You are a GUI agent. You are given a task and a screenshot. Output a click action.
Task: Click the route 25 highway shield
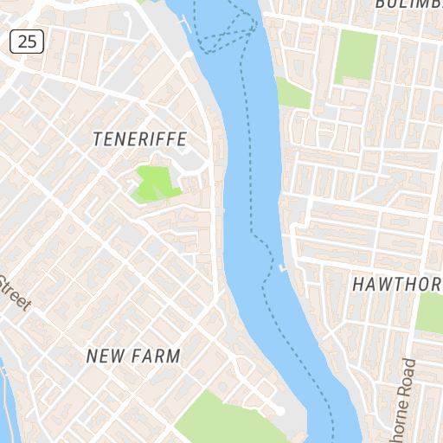pyautogui.click(x=28, y=40)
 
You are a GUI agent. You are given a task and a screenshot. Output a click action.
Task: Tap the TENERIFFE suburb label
pyautogui.click(x=139, y=138)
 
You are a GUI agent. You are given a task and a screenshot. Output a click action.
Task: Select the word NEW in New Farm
pyautogui.click(x=106, y=356)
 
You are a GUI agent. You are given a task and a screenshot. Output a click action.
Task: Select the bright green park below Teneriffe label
pyautogui.click(x=152, y=183)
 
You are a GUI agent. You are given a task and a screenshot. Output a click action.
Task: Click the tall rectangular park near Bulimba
pyautogui.click(x=356, y=56)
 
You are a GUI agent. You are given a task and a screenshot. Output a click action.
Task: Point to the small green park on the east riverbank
pyautogui.click(x=292, y=92)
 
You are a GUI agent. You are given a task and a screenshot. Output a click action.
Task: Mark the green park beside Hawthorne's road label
pyautogui.click(x=430, y=311)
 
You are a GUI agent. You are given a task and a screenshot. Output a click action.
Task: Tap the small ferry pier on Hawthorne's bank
pyautogui.click(x=282, y=268)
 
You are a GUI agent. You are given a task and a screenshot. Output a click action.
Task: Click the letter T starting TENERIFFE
pyautogui.click(x=96, y=138)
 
